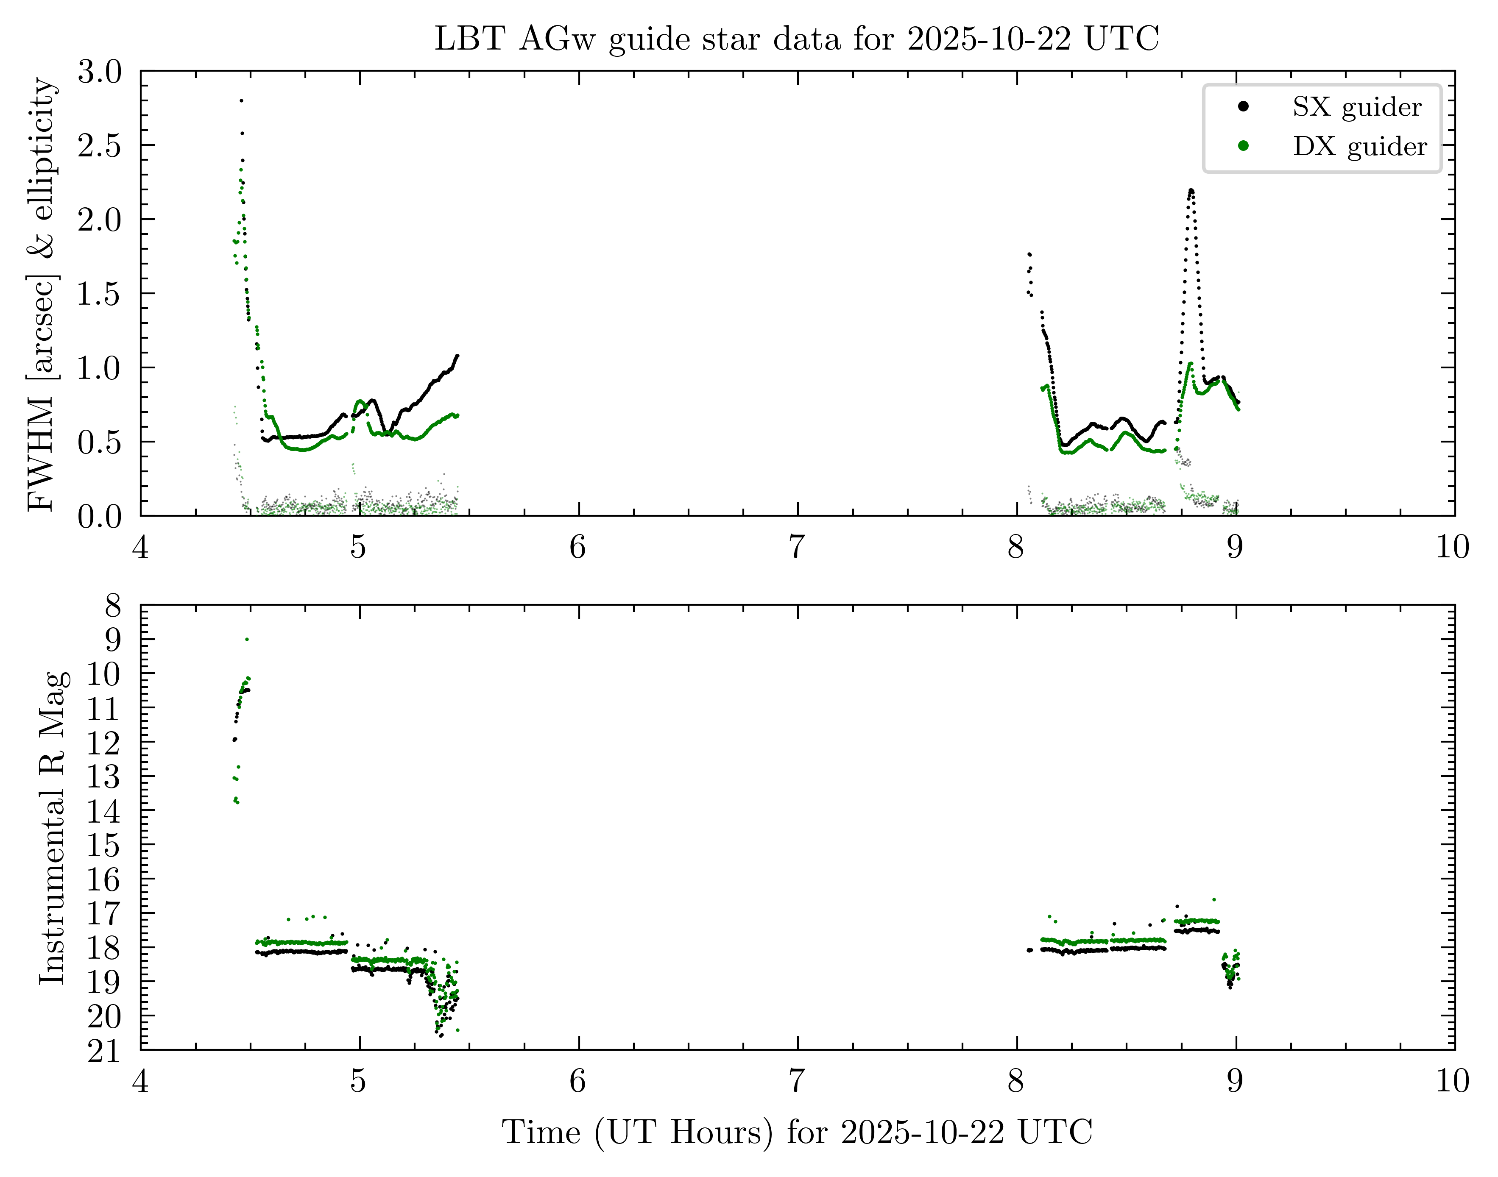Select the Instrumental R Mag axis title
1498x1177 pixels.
click(53, 827)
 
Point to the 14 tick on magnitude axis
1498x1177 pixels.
click(103, 812)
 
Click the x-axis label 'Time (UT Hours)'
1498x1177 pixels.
click(796, 1132)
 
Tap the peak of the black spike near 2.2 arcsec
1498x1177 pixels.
click(1191, 190)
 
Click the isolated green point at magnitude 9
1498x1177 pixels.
click(247, 640)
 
